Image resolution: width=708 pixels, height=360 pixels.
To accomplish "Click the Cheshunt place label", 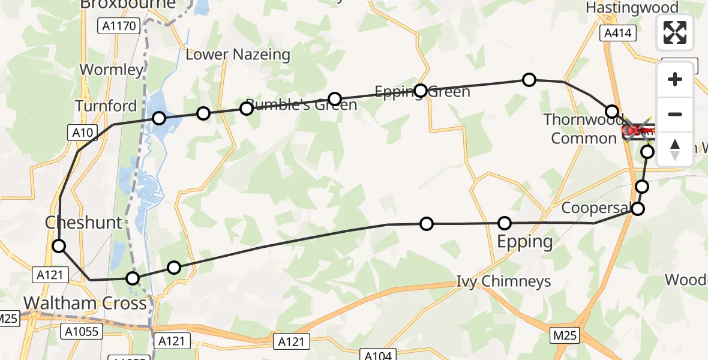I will pyautogui.click(x=84, y=223).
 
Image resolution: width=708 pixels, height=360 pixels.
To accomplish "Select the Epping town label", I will pyautogui.click(x=525, y=242).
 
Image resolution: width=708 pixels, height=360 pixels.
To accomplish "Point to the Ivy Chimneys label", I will pyautogui.click(x=504, y=281).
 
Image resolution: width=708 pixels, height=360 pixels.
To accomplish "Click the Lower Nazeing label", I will pyautogui.click(x=238, y=55).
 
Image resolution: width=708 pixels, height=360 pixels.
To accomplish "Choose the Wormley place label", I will pyautogui.click(x=112, y=70).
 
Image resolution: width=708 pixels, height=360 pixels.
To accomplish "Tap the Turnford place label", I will pyautogui.click(x=106, y=106).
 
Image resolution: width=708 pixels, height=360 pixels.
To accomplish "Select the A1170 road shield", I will pyautogui.click(x=119, y=26).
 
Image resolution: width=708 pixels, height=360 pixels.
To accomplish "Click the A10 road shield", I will pyautogui.click(x=82, y=133).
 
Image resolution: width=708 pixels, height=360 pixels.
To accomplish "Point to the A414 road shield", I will pyautogui.click(x=618, y=34).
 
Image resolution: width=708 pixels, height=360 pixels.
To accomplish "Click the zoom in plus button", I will pyautogui.click(x=675, y=79).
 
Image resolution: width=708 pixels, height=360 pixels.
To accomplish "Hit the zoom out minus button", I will pyautogui.click(x=675, y=114).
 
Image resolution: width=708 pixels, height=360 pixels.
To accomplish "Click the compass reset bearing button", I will pyautogui.click(x=675, y=149).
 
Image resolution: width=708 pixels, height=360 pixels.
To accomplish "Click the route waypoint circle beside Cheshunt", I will pyautogui.click(x=59, y=245).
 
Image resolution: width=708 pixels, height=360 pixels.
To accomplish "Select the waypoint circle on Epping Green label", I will pyautogui.click(x=421, y=90).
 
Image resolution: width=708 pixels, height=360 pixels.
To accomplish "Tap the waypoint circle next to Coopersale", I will pyautogui.click(x=638, y=209).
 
